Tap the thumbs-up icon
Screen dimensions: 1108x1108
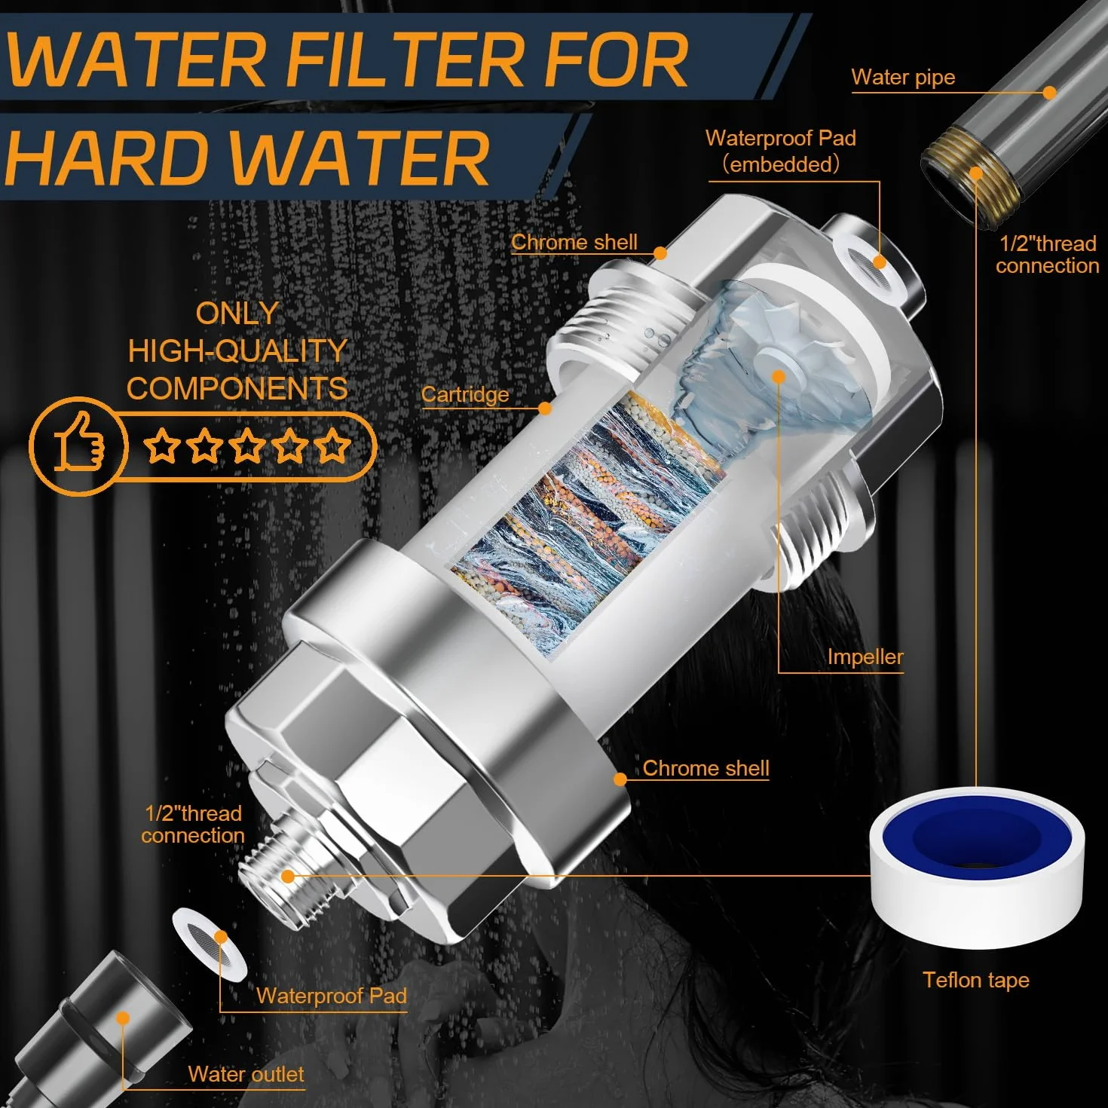pyautogui.click(x=79, y=445)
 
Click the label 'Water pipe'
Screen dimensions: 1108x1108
pyautogui.click(x=903, y=77)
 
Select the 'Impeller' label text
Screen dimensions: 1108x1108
pyautogui.click(x=865, y=657)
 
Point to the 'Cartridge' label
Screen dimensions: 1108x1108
pyautogui.click(x=465, y=394)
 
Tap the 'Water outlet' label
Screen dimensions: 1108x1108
pyautogui.click(x=246, y=1074)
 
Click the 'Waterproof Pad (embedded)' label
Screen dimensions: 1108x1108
pyautogui.click(x=781, y=152)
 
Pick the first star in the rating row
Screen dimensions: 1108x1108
pyautogui.click(x=162, y=445)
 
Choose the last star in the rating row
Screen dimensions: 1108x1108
pyautogui.click(x=332, y=445)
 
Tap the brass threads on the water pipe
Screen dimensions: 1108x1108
pyautogui.click(x=972, y=176)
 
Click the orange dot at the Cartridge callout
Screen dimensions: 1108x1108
pyautogui.click(x=545, y=409)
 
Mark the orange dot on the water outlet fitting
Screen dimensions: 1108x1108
pyautogui.click(x=122, y=1018)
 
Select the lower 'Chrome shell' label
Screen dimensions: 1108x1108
pyautogui.click(x=706, y=768)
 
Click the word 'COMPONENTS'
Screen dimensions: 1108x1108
pyautogui.click(x=237, y=389)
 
